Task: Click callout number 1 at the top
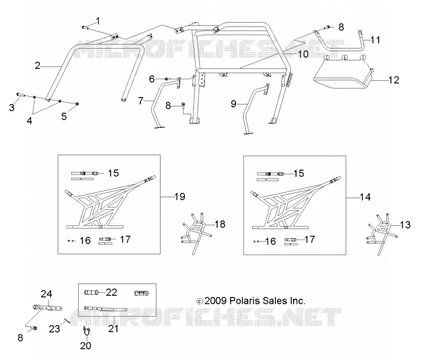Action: [98, 21]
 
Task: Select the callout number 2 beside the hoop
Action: [38, 66]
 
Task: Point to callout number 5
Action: [64, 116]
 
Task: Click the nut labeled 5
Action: [78, 103]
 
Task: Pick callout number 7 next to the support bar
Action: [141, 101]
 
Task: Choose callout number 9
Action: [233, 103]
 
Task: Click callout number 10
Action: [303, 54]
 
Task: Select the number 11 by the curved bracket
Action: [375, 40]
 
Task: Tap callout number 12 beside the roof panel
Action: [394, 80]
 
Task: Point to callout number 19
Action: [180, 197]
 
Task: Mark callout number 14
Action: [365, 197]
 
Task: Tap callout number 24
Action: [46, 294]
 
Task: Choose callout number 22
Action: [112, 292]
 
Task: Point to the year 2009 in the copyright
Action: [215, 301]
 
